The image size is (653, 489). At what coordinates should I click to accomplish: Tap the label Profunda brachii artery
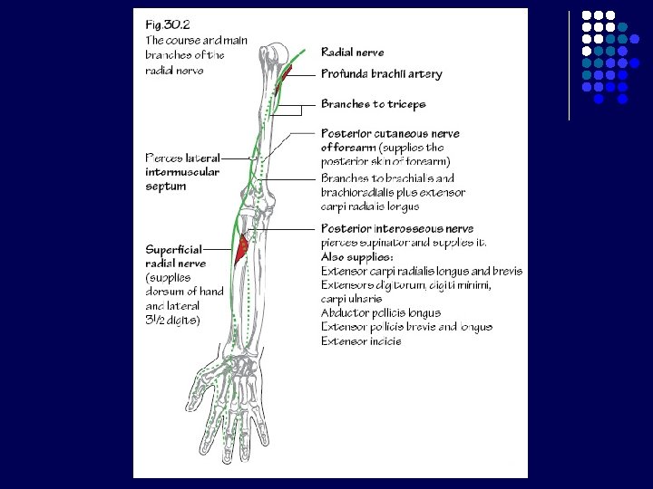tap(381, 74)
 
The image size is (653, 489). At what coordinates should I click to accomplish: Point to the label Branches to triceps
tap(373, 104)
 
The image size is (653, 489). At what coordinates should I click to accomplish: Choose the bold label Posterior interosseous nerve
tap(397, 229)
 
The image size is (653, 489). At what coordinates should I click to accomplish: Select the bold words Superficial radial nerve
tap(176, 255)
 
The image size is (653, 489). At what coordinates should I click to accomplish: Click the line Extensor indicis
tap(361, 341)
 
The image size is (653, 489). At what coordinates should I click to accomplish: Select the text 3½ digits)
tap(172, 321)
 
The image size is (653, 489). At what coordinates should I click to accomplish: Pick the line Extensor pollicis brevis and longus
tap(406, 327)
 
